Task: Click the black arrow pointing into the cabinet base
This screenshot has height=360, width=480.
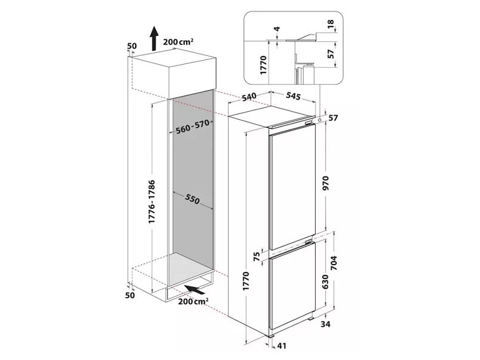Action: point(195,289)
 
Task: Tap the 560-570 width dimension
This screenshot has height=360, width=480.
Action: point(193,127)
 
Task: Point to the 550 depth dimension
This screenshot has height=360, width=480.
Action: point(192,200)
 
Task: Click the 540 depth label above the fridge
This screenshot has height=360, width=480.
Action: point(249,97)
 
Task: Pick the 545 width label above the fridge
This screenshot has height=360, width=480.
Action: point(293,96)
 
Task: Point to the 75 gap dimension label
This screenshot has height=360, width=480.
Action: point(257,256)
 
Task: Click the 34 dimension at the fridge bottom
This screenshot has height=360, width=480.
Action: point(326,324)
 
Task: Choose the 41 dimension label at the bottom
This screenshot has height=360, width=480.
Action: point(281,346)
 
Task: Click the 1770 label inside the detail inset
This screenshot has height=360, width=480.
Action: point(263,65)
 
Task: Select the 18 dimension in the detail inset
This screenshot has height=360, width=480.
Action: point(331,23)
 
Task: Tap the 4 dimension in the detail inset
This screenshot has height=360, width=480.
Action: point(277,29)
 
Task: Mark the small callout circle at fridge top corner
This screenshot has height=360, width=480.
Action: point(320,120)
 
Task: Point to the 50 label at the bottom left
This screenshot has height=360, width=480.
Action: point(130,295)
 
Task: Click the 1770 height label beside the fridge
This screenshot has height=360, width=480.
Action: point(246,281)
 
